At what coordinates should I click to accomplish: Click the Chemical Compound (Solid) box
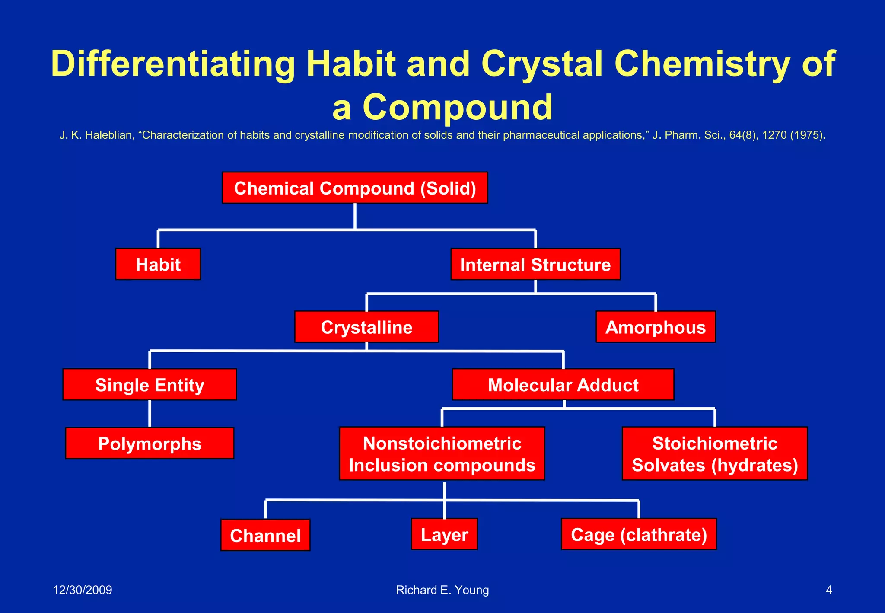(x=355, y=188)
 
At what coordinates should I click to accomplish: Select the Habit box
(x=158, y=264)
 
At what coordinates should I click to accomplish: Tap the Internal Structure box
(x=535, y=264)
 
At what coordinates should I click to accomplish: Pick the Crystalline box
(x=366, y=327)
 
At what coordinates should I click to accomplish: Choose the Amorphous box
(x=656, y=327)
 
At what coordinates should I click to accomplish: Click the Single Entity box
(x=150, y=384)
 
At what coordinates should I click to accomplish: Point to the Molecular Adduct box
(x=563, y=384)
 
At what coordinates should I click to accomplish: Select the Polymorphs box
(x=150, y=443)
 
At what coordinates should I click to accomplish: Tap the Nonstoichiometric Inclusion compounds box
(x=442, y=453)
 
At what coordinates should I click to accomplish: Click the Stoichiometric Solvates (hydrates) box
(x=715, y=453)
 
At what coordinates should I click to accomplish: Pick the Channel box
(x=265, y=535)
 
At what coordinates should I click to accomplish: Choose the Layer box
(x=444, y=534)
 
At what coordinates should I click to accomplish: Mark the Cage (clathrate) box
(x=639, y=534)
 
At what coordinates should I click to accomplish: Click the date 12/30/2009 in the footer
(x=82, y=590)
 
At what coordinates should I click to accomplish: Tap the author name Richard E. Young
(x=442, y=590)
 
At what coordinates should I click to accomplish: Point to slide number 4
(x=828, y=590)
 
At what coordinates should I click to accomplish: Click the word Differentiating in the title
(x=173, y=64)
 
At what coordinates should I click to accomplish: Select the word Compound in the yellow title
(x=457, y=107)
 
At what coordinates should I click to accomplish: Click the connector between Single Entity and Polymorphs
(x=150, y=414)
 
